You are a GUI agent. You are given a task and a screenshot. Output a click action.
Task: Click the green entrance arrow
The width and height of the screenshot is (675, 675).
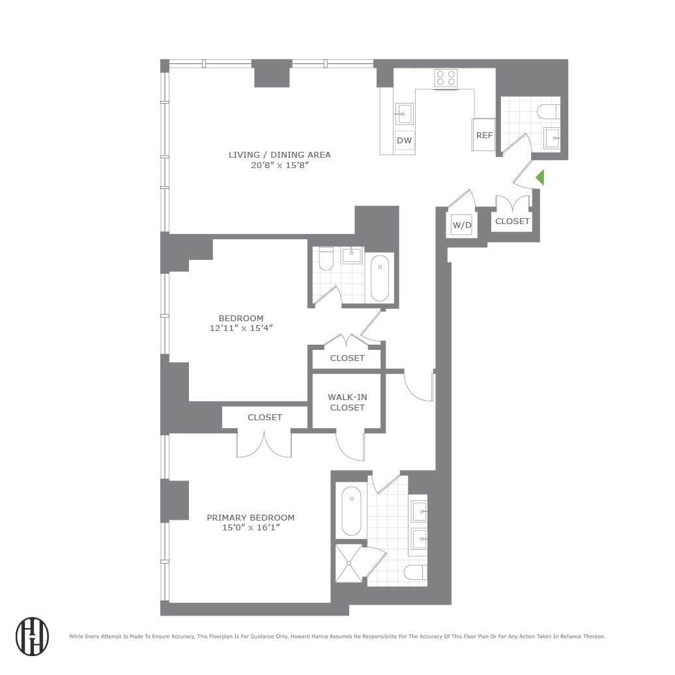539,178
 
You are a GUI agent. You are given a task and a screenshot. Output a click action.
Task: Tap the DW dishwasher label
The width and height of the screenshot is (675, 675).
405,140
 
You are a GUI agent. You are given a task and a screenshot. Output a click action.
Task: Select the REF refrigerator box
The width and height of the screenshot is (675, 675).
484,136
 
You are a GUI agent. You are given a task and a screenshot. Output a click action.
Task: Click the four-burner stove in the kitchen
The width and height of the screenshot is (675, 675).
446,78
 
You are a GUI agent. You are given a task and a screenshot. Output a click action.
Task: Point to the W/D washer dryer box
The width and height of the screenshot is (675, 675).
461,225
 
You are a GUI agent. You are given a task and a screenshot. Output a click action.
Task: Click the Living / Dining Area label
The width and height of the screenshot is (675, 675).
280,154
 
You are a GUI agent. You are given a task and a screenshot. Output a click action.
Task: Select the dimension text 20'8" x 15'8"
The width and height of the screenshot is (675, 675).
280,165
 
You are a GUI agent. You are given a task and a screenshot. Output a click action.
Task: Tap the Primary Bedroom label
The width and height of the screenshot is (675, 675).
250,517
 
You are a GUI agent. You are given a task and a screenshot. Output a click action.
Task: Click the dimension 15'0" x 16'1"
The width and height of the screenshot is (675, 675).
250,528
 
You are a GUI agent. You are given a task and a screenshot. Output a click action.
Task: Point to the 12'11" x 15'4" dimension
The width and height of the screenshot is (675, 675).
241,328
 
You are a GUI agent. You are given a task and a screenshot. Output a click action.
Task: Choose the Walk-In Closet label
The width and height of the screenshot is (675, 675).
347,402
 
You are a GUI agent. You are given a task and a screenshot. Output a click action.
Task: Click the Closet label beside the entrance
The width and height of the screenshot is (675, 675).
513,222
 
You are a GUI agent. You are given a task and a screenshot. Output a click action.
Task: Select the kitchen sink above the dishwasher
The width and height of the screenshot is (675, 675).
403,115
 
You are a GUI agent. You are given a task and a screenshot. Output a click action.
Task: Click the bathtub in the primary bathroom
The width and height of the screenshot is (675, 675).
351,511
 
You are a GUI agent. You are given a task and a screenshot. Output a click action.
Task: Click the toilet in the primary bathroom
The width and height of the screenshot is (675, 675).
414,573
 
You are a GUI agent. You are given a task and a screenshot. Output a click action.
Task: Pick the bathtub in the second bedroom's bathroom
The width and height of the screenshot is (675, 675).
380,278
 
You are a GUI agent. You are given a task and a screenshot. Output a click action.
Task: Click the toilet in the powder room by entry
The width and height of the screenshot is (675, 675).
547,112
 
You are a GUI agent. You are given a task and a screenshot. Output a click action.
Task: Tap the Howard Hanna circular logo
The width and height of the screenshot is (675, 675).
32,635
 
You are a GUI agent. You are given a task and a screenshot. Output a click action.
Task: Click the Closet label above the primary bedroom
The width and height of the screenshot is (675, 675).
265,417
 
